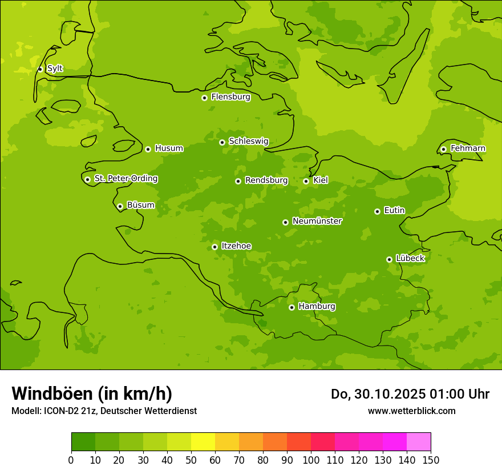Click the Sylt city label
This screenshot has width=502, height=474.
click(x=55, y=69)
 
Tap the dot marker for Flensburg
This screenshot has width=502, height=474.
click(x=204, y=98)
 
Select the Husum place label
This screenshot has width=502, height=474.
click(x=169, y=148)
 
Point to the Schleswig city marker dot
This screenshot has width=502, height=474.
click(x=222, y=142)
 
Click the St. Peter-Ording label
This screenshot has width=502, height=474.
click(x=125, y=179)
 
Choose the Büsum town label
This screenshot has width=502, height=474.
click(x=140, y=205)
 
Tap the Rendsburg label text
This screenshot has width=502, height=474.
click(x=266, y=180)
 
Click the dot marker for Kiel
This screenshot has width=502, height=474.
click(x=306, y=181)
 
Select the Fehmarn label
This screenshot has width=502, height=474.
click(x=468, y=148)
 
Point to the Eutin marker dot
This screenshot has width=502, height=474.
click(x=377, y=211)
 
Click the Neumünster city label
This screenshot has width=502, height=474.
click(x=317, y=221)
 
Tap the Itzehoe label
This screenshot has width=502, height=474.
click(x=236, y=246)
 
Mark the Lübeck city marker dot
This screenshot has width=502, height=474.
click(x=389, y=259)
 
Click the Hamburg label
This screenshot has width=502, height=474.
click(x=317, y=307)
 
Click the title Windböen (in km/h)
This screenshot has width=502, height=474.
click(x=92, y=393)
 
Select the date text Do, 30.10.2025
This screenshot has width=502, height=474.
click(x=378, y=394)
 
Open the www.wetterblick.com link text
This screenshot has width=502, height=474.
click(x=411, y=411)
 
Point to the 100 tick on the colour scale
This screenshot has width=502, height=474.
click(x=311, y=460)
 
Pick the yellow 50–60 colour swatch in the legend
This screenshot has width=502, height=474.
click(x=203, y=441)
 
